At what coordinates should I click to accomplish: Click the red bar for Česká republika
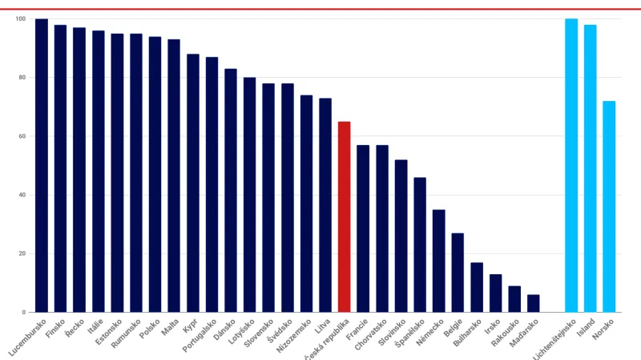pos(344,216)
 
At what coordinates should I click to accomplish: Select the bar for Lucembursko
pos(42,165)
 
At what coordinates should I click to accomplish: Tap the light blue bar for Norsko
pos(609,206)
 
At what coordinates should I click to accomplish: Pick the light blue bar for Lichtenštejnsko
pos(571,165)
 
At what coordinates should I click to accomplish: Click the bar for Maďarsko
pos(534,303)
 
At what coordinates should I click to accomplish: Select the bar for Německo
pos(438,261)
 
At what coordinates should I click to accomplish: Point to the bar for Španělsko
pos(420,245)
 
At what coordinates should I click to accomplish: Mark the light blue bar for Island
pos(590,168)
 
